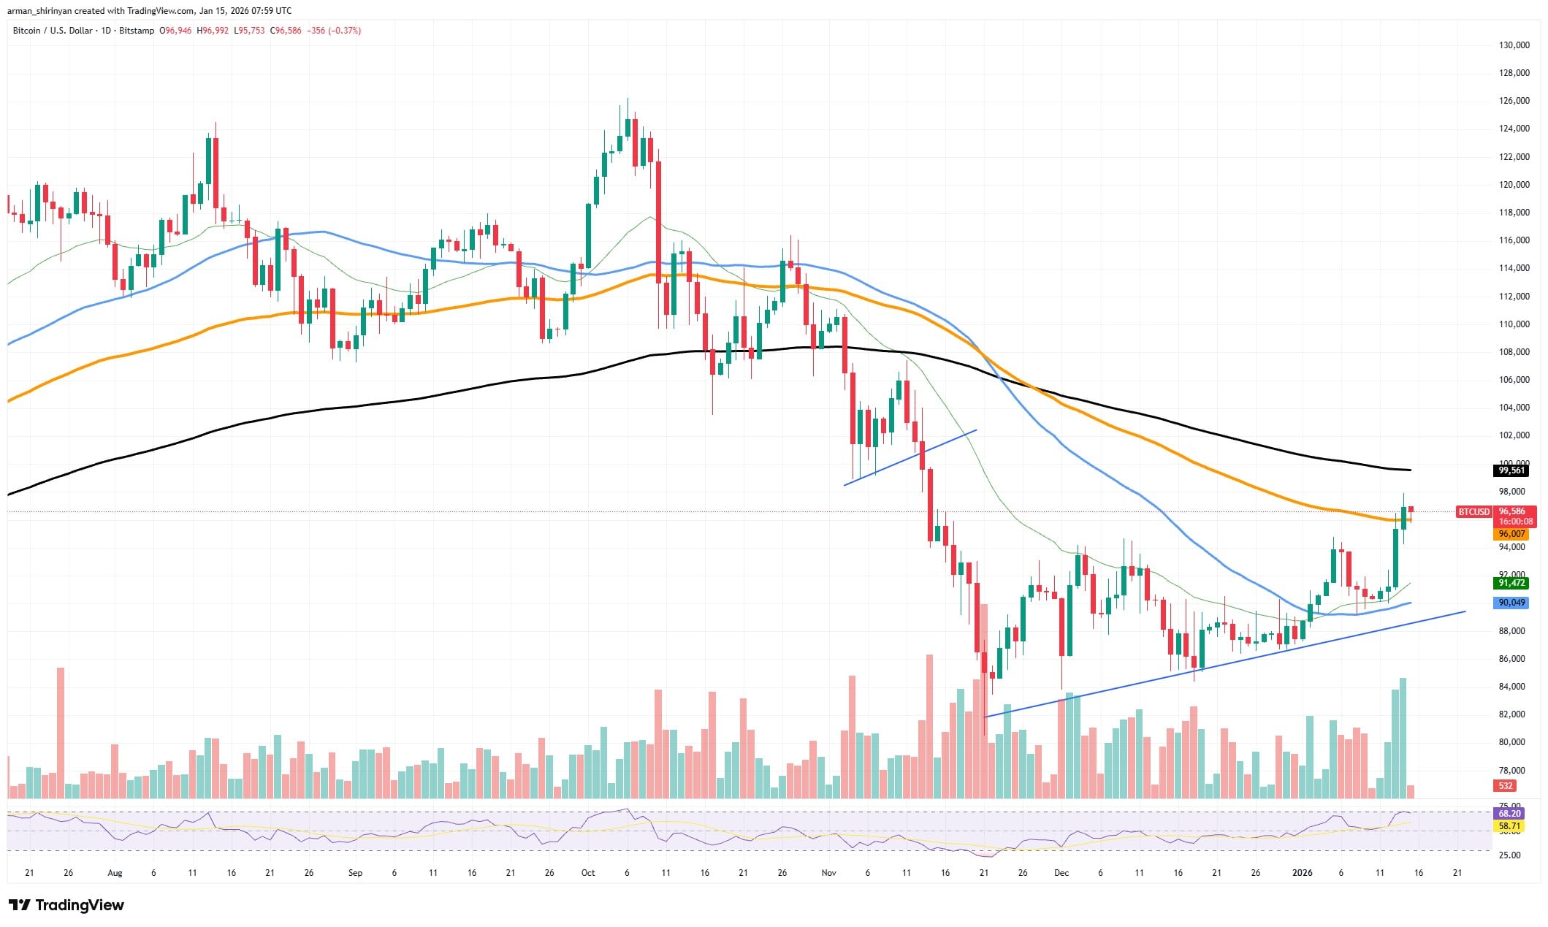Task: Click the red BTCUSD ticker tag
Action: click(x=1473, y=512)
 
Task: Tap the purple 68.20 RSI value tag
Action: click(x=1509, y=813)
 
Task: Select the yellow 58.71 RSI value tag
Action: click(x=1509, y=826)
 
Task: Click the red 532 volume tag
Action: click(x=1505, y=786)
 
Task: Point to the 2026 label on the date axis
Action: click(x=1303, y=873)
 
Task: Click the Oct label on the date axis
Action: click(x=588, y=873)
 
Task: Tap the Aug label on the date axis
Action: click(x=115, y=873)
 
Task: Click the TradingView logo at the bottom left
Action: click(x=66, y=906)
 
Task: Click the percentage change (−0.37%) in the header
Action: click(x=346, y=31)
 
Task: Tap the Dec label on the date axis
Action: click(x=1061, y=873)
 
